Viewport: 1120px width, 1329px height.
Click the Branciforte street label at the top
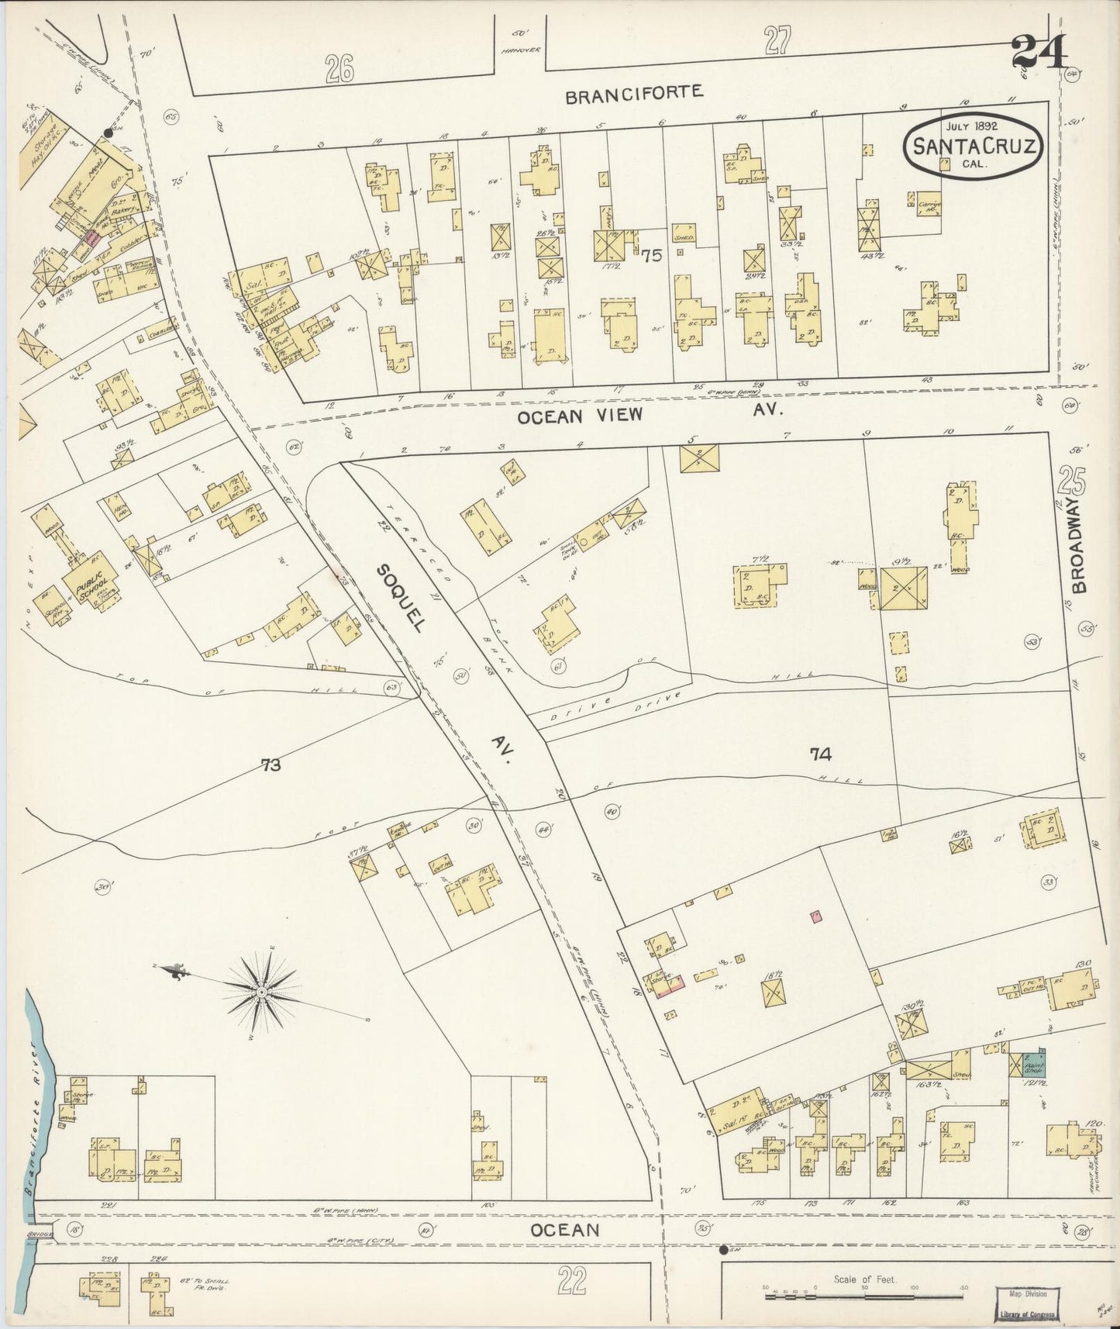(x=633, y=95)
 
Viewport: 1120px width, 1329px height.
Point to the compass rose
(x=262, y=992)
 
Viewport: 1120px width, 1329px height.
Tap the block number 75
(x=652, y=256)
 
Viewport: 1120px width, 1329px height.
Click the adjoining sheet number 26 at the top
(x=339, y=70)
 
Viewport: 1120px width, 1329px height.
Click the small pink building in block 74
(x=815, y=916)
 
